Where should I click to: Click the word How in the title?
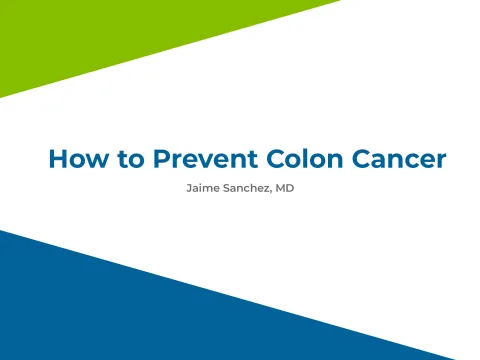pyautogui.click(x=76, y=159)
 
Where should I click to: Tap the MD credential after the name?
pyautogui.click(x=285, y=187)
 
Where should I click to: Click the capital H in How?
pyautogui.click(x=57, y=159)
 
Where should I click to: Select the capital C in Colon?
pyautogui.click(x=263, y=159)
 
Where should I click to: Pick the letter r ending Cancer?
pyautogui.click(x=441, y=160)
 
